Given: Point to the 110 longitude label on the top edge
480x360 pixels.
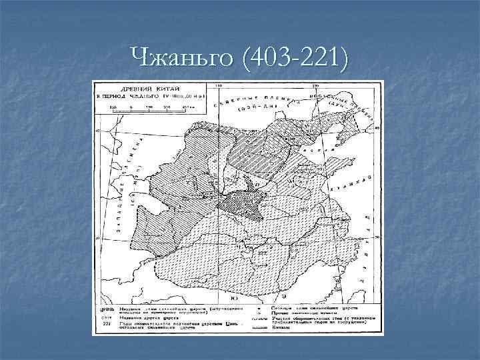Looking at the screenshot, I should tap(217, 86).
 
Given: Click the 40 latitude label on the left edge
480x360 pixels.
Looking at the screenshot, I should tap(97, 132).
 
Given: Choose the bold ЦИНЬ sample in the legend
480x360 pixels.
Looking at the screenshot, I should tap(107, 310).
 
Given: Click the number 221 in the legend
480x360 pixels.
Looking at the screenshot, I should tap(106, 323).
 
